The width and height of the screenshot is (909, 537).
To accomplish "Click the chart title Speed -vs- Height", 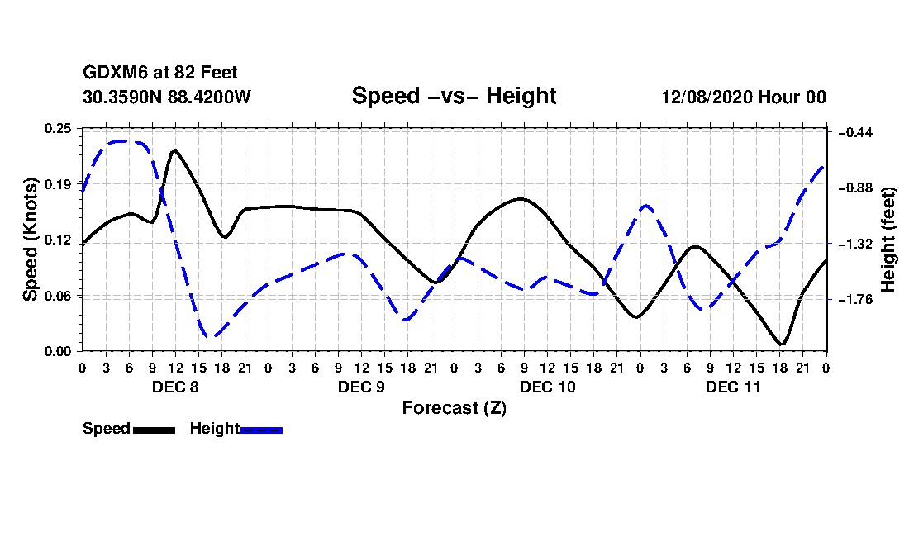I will [454, 96].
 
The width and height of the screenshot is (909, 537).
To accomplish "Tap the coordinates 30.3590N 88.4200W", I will [166, 97].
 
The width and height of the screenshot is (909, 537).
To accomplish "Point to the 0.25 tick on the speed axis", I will [58, 128].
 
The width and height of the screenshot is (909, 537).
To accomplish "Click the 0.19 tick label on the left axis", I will [58, 183].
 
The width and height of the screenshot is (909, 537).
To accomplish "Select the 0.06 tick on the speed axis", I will [58, 296].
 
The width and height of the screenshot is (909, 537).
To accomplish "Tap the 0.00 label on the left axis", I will [58, 351].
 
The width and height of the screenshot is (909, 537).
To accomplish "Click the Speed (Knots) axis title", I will [30, 240].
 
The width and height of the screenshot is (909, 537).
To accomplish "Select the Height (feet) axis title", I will [888, 240].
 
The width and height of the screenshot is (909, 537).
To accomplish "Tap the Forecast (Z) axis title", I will [454, 408].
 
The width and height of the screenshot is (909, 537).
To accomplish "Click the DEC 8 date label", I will [174, 387].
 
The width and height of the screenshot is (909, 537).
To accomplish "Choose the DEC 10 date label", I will [547, 387].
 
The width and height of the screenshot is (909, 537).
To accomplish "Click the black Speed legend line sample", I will [154, 430].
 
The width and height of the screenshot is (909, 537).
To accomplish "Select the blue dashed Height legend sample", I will [261, 430].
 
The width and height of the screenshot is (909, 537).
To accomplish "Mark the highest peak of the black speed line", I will [175, 150].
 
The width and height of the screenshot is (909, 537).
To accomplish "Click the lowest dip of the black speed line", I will [781, 344].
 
